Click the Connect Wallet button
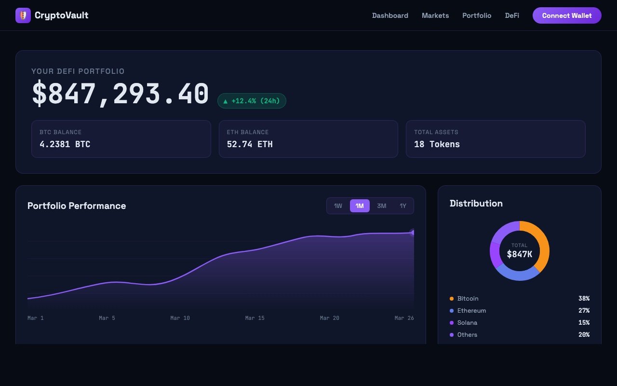pos(567,15)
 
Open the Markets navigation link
pos(435,15)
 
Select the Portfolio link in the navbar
pos(477,15)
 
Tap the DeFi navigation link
pos(512,15)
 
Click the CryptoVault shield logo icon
pos(23,15)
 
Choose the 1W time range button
pos(338,206)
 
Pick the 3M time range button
pos(382,206)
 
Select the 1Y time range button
pos(403,206)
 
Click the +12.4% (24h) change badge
pos(252,101)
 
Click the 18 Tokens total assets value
pos(437,144)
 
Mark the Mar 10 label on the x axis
pos(180,318)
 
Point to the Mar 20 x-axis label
pos(330,318)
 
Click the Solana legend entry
pos(467,323)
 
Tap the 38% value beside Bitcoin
pos(584,299)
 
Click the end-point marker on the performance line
pos(413,233)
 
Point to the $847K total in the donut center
pos(520,254)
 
